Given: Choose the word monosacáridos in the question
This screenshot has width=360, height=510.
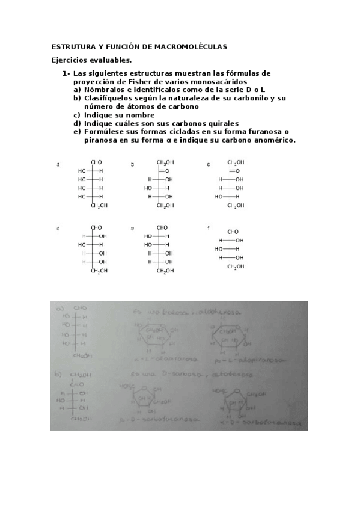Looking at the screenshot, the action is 215,82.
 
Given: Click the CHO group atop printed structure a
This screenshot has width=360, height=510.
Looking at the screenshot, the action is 97,162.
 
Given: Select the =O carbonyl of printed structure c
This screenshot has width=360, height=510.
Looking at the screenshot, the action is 233,171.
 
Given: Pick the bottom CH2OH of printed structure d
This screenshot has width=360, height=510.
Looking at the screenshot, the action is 99,271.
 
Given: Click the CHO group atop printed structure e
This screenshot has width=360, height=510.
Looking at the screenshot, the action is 162,227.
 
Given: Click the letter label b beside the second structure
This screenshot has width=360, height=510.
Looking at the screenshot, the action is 132,164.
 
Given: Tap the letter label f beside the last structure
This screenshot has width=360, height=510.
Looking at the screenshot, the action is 208,228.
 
